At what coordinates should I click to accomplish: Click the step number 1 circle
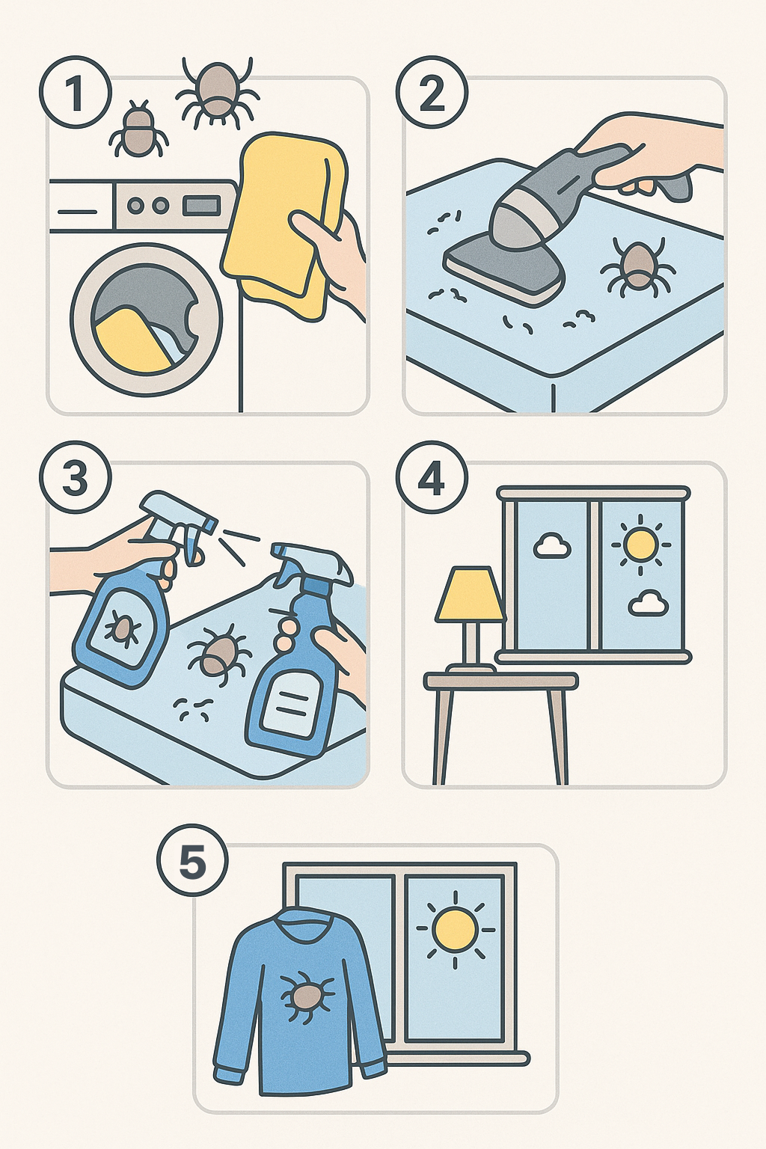[75, 94]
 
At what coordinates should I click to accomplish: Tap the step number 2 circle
[432, 94]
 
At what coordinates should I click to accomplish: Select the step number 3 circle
[75, 477]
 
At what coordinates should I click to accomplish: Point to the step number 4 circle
[432, 477]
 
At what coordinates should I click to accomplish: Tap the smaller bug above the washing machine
[138, 129]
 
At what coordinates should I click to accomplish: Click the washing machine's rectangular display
[202, 206]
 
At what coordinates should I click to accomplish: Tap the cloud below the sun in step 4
[649, 603]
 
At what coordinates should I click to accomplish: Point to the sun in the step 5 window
[455, 929]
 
